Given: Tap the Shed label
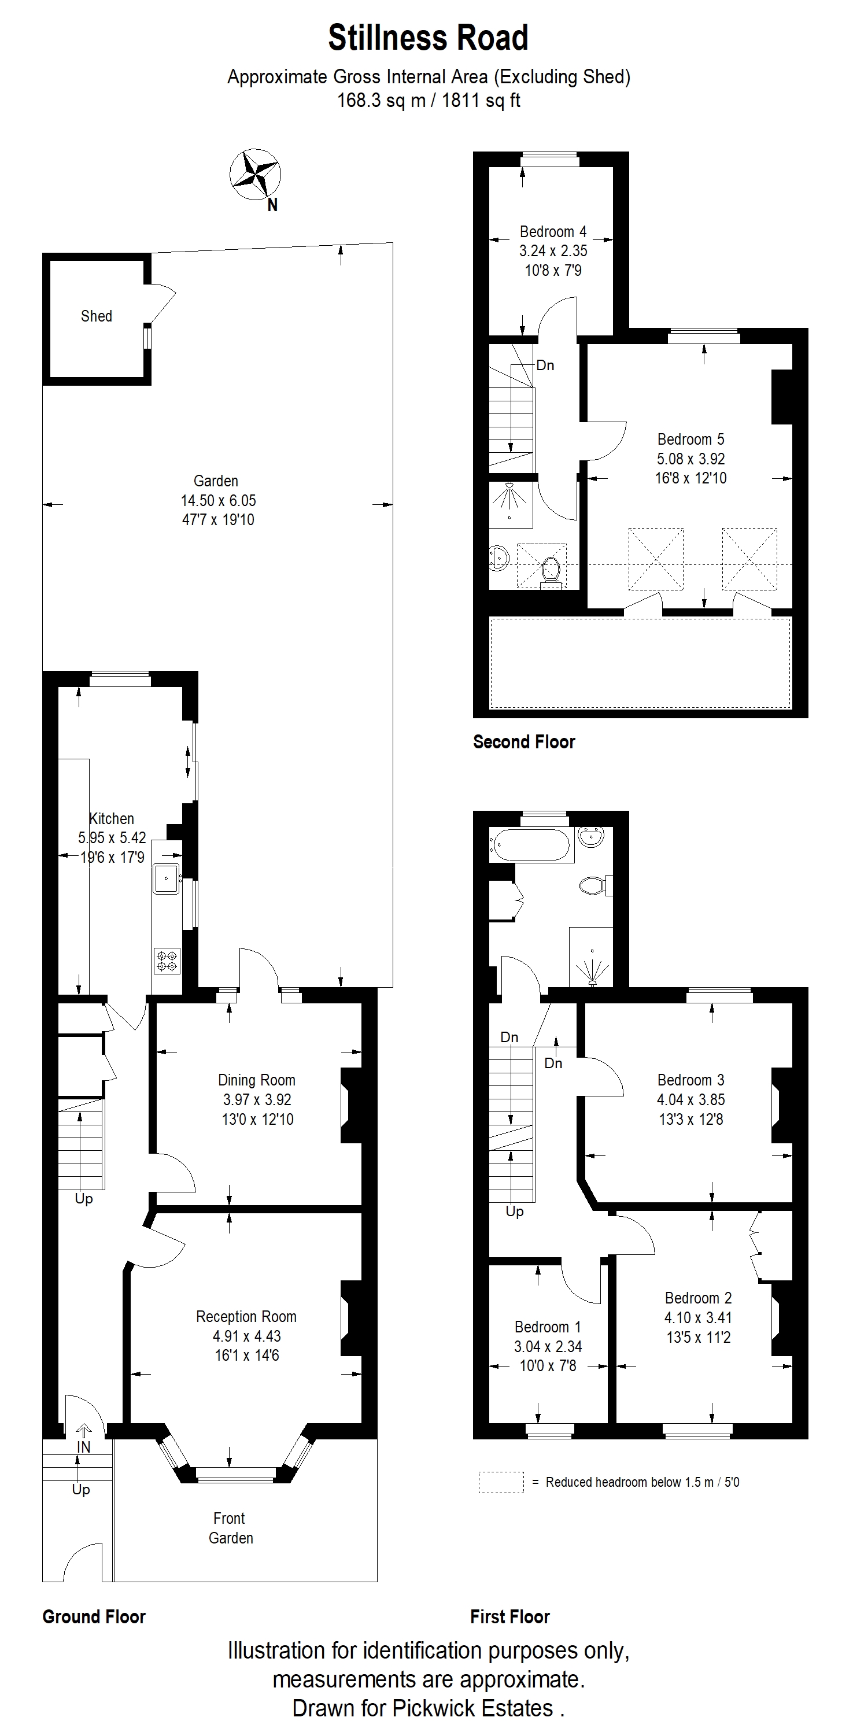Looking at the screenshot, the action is [x=96, y=316].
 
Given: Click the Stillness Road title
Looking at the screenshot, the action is [x=429, y=38].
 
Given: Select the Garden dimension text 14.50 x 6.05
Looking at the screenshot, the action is [x=218, y=500].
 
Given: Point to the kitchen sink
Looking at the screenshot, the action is [x=166, y=878].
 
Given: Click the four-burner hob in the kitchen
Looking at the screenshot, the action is [x=167, y=961].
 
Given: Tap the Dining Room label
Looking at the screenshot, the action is [x=256, y=1080].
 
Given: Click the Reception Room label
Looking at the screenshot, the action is [x=246, y=1316].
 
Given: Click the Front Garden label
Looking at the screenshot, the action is [x=230, y=1528].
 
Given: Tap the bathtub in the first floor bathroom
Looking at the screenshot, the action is [x=531, y=844].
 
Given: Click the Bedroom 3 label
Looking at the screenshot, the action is [x=690, y=1080].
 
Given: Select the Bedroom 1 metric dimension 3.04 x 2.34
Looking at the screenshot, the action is [x=548, y=1346].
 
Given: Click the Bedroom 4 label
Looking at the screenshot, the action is [x=553, y=232].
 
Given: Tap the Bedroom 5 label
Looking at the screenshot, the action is [x=690, y=439].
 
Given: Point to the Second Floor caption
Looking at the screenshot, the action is [x=524, y=741].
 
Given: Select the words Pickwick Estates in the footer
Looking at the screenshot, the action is [x=473, y=1708].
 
